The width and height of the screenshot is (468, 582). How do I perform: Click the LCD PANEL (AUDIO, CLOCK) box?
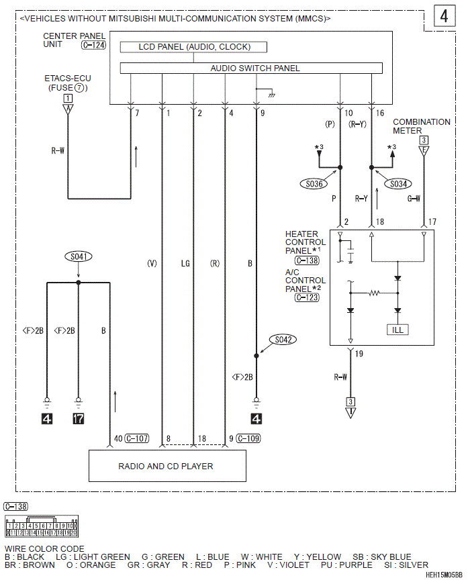[x=193, y=47]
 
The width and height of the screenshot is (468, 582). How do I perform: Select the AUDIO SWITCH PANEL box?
[x=251, y=68]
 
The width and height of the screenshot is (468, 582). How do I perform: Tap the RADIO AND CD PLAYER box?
[x=167, y=466]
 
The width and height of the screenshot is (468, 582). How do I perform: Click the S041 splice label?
[x=79, y=256]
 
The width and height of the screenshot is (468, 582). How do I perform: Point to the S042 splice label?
[x=283, y=339]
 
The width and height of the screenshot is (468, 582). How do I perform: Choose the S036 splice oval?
[x=314, y=184]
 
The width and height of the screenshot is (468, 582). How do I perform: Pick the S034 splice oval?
[x=398, y=184]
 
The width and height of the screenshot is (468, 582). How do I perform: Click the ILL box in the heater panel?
[x=397, y=330]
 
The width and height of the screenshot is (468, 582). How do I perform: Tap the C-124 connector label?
[x=93, y=45]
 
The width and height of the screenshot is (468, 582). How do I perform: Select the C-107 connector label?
[x=136, y=438]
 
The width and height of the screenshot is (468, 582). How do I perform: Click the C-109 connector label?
[x=248, y=438]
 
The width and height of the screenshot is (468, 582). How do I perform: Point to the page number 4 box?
[x=444, y=16]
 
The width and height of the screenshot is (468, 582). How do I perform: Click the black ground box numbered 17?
[x=79, y=419]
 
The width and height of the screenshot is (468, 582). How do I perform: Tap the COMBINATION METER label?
[x=421, y=126]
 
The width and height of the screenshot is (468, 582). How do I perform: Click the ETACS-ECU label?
[x=68, y=79]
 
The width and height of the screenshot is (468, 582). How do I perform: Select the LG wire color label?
[x=185, y=264]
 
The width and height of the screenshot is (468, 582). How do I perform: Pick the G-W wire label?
[x=414, y=199]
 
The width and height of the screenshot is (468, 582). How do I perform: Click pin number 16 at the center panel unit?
[x=380, y=113]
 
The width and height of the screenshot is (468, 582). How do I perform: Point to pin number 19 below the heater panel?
[x=359, y=353]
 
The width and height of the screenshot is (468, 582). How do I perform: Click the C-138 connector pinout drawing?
[x=42, y=526]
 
